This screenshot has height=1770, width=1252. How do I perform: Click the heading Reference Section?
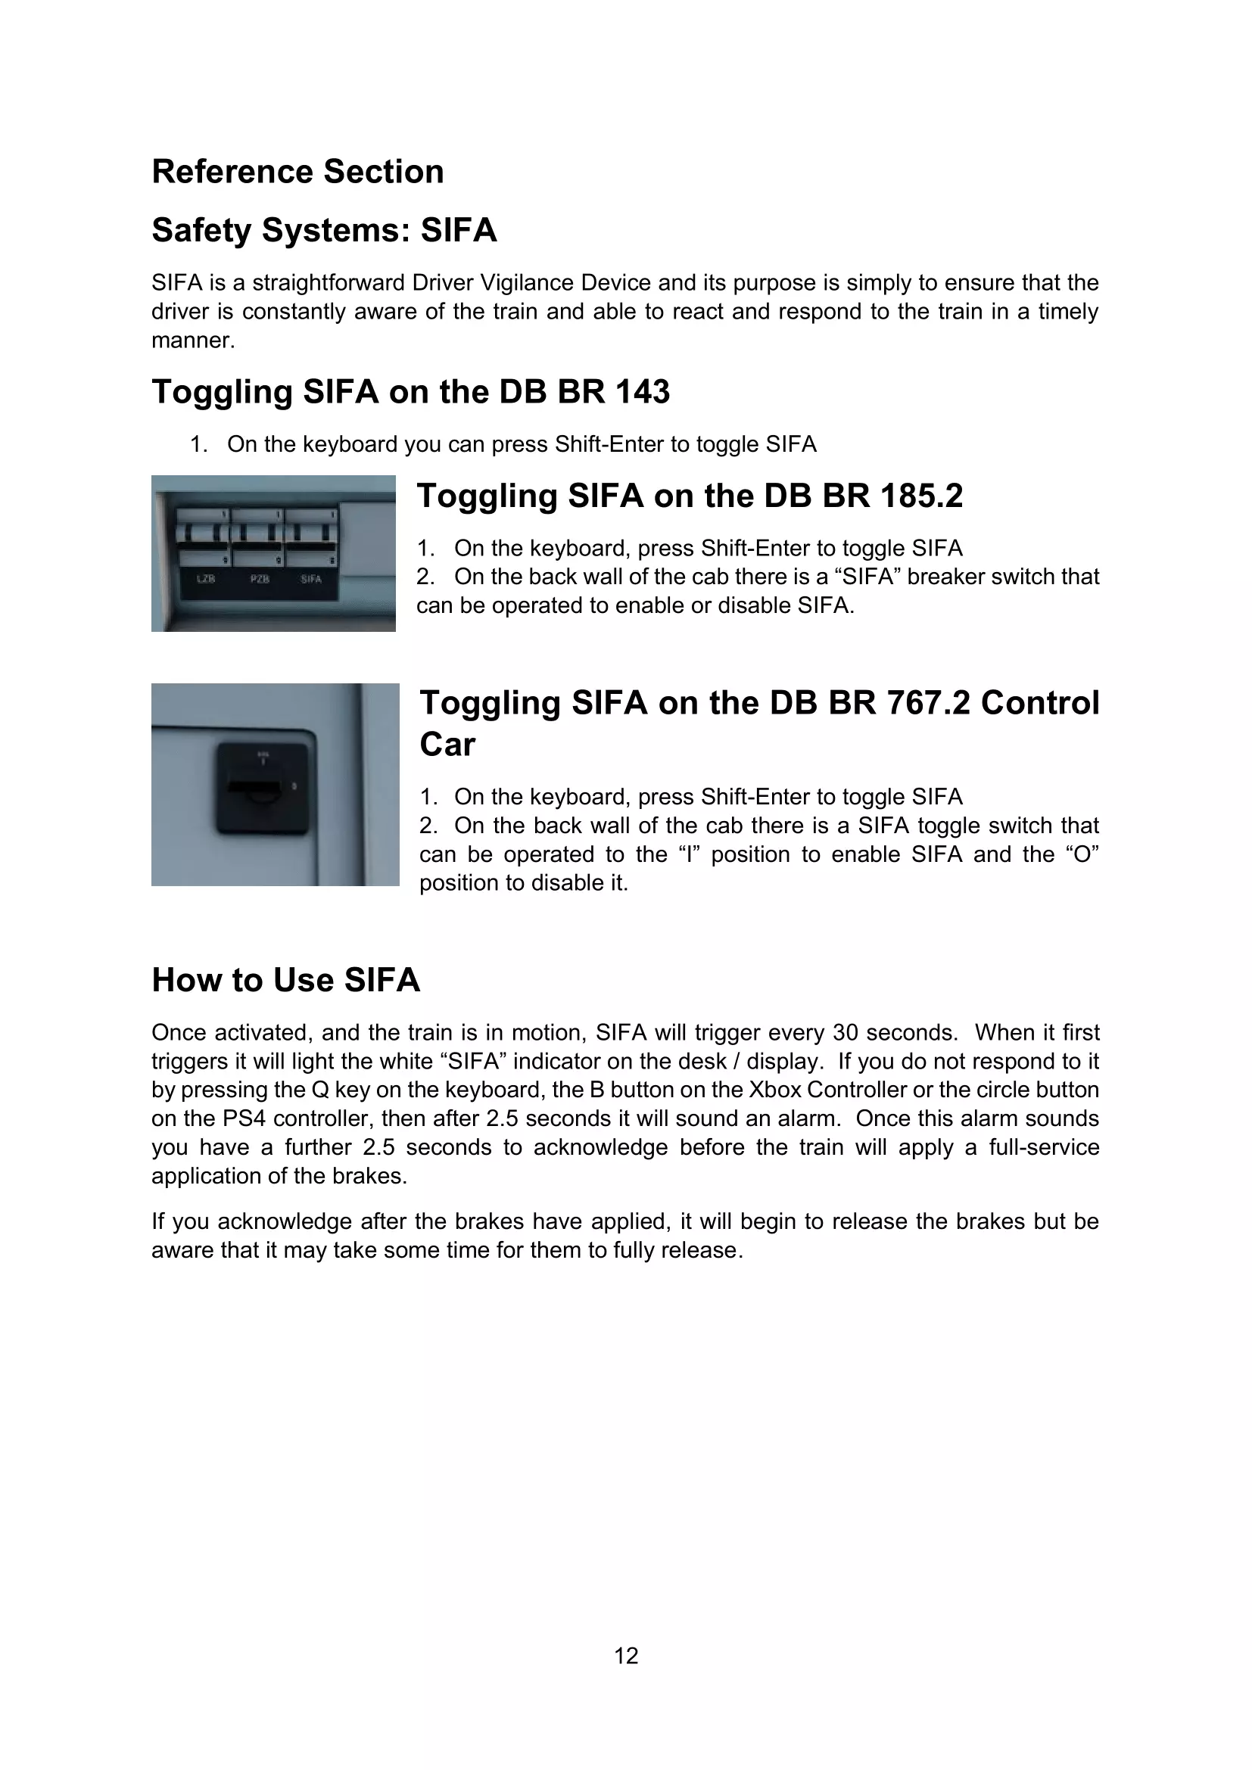[x=297, y=172]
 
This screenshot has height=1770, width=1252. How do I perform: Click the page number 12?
[x=626, y=1655]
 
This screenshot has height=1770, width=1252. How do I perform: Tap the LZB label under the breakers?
[x=206, y=579]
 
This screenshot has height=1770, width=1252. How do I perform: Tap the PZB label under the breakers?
[x=260, y=579]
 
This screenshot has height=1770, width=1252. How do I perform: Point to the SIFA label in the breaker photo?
[x=311, y=579]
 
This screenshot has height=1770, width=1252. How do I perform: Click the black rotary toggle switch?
[x=261, y=787]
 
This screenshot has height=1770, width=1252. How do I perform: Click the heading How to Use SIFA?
[x=285, y=980]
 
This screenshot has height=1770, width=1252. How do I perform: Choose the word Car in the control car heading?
[x=447, y=744]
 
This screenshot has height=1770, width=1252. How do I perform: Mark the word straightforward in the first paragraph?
[x=329, y=283]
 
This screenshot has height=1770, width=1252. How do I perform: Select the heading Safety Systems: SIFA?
[x=324, y=230]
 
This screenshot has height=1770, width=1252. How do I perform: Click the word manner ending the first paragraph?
[x=192, y=340]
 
